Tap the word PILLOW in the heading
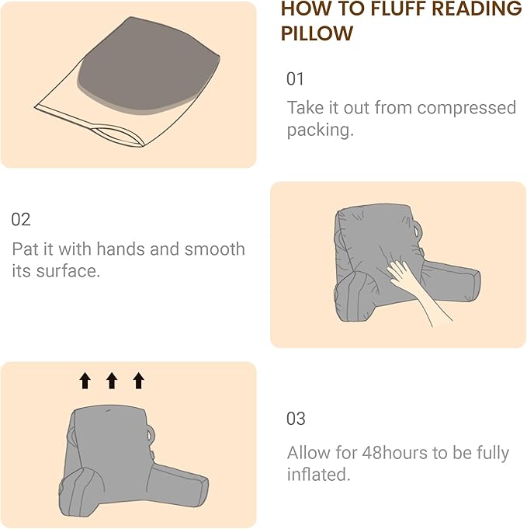tap(317, 33)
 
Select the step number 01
tap(296, 79)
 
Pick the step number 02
tap(21, 220)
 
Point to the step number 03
tap(296, 419)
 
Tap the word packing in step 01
tap(318, 130)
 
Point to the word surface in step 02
tap(69, 273)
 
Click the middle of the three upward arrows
tap(111, 380)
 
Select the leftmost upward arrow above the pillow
tap(85, 380)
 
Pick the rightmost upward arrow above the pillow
tap(138, 380)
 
